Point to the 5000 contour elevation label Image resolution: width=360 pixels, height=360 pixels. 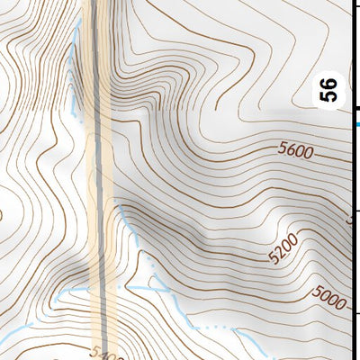(328, 297)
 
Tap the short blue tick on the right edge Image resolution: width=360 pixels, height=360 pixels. (356, 124)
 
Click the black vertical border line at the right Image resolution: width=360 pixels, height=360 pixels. (352, 225)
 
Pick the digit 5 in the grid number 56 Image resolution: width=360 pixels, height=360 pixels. (330, 96)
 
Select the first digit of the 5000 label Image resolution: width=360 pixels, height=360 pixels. (318, 292)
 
